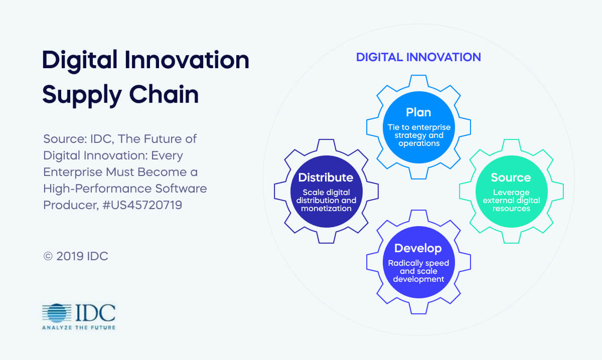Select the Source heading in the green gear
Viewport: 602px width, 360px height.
click(511, 177)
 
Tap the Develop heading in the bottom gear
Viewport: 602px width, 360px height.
click(418, 248)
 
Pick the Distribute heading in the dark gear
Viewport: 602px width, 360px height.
click(326, 177)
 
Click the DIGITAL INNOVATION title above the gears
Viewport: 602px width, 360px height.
click(418, 57)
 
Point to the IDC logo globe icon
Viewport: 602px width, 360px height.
click(57, 313)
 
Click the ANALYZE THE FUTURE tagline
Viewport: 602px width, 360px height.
click(79, 327)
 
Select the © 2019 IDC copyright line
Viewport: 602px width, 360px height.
click(76, 256)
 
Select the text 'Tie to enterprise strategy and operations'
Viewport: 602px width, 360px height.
click(418, 135)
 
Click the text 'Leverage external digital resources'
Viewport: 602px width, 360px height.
click(511, 200)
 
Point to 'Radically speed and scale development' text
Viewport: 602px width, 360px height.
click(418, 271)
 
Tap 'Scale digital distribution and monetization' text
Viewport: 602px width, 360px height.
click(326, 200)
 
